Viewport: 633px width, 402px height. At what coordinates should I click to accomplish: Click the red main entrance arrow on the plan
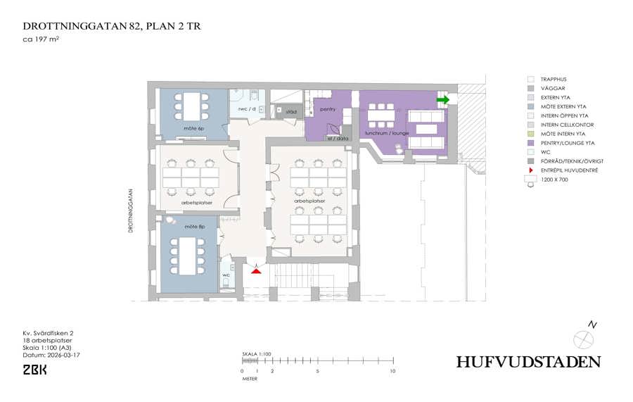256,270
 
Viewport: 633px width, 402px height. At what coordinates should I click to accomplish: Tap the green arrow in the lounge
443,99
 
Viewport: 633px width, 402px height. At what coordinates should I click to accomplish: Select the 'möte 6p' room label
194,128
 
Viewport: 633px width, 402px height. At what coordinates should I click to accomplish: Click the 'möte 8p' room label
195,227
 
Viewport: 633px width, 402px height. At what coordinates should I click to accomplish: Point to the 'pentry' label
327,109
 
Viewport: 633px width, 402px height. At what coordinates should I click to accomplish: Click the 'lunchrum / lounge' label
387,133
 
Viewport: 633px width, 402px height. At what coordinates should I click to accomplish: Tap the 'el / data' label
338,138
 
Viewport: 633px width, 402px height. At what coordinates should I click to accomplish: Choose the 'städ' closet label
291,111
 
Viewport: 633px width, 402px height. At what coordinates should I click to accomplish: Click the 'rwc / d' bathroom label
247,109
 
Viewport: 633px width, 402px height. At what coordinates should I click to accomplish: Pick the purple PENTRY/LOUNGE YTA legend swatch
531,143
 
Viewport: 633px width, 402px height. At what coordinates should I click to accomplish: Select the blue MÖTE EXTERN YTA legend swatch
531,107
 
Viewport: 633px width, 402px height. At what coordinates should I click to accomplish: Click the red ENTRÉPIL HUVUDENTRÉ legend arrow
531,170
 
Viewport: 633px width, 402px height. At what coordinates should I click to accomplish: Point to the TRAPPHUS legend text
554,79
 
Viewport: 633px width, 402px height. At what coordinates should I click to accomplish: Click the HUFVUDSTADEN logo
528,362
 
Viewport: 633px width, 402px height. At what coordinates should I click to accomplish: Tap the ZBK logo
34,370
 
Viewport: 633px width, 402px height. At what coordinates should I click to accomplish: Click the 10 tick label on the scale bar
392,371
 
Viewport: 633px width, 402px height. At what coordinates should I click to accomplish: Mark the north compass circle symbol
583,339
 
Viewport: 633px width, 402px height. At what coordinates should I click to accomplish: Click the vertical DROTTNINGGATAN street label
131,211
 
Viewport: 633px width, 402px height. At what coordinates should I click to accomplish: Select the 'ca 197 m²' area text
41,39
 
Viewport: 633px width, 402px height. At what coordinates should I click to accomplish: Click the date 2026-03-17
63,355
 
